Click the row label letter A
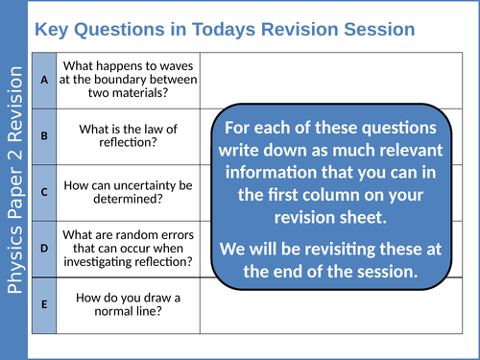point(44,81)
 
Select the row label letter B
point(44,135)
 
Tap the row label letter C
point(44,190)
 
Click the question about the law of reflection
point(130,135)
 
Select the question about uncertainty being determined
point(130,190)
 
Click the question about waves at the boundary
point(130,81)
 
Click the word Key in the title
point(52,29)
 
